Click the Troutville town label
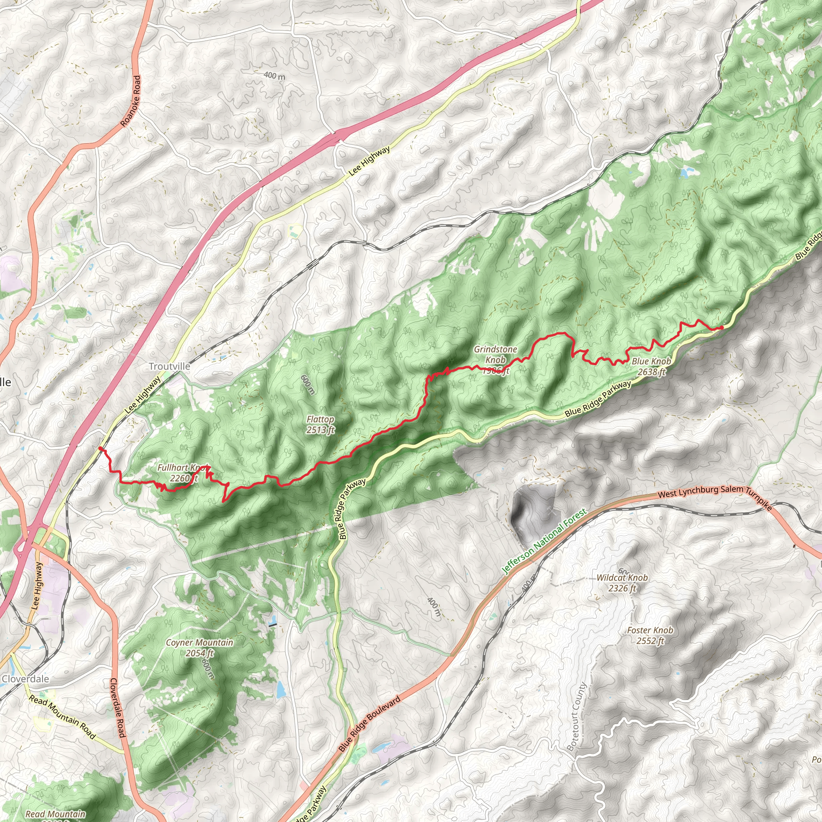pos(169,366)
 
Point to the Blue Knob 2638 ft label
pos(651,366)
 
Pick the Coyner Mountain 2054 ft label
pos(199,647)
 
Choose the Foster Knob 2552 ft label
pos(650,635)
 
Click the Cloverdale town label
pos(26,679)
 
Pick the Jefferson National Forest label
pos(544,541)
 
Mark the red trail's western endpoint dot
pos(100,448)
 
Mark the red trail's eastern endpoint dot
pos(722,327)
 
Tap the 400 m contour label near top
pos(275,76)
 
